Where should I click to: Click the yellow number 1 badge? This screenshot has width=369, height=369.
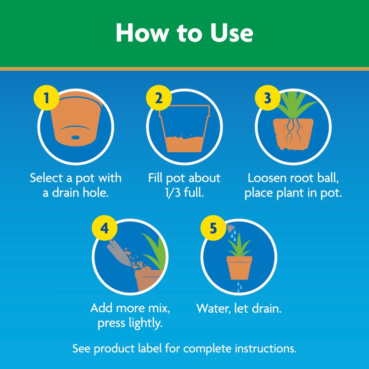coord(45,99)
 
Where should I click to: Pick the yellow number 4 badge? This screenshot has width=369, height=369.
coord(105,229)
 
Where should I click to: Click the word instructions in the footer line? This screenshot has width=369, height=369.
coord(264,347)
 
